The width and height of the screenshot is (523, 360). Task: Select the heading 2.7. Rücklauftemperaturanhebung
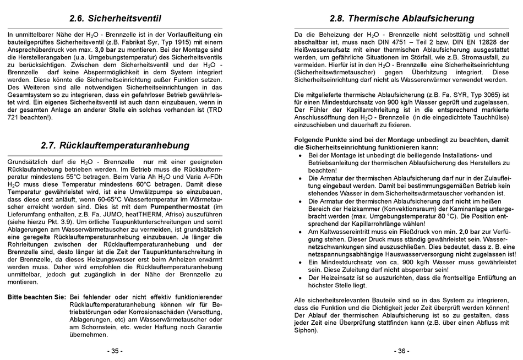(x=115, y=146)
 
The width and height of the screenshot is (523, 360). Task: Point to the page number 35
(x=115, y=351)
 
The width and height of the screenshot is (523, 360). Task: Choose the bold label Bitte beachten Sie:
(x=37, y=297)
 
